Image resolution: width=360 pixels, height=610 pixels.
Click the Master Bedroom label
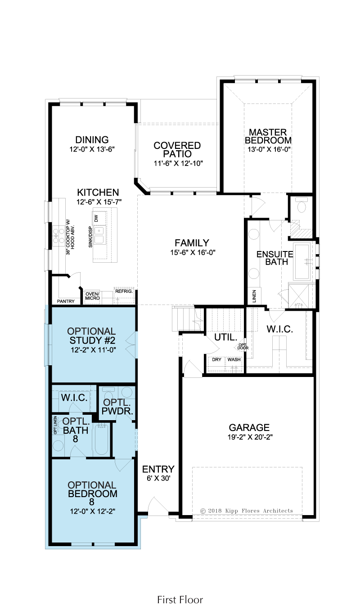pos(268,136)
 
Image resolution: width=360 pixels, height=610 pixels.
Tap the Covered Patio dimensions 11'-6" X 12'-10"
pos(178,163)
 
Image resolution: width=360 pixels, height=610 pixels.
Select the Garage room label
pos(249,427)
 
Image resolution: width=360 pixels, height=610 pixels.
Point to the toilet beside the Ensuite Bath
pos(301,206)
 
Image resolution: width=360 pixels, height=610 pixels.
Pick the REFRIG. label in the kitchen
pos(124,292)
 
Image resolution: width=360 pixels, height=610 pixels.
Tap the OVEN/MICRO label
pos(93,296)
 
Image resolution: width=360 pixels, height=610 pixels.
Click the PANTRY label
pos(66,301)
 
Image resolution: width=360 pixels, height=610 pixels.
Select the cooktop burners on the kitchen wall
pos(59,236)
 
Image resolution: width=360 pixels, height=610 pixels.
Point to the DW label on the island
pos(96,218)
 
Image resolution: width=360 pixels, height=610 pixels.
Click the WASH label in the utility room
pos(234,359)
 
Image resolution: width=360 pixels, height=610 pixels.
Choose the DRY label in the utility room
pos(217,359)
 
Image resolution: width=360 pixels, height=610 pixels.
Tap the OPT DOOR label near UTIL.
pos(243,347)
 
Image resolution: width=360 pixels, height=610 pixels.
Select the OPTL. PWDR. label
pos(117,407)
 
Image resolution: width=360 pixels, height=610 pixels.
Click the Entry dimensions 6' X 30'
pos(158,478)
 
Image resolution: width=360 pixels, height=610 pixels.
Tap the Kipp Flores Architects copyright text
pos(247,511)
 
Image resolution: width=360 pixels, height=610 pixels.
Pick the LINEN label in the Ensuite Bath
pos(254,296)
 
